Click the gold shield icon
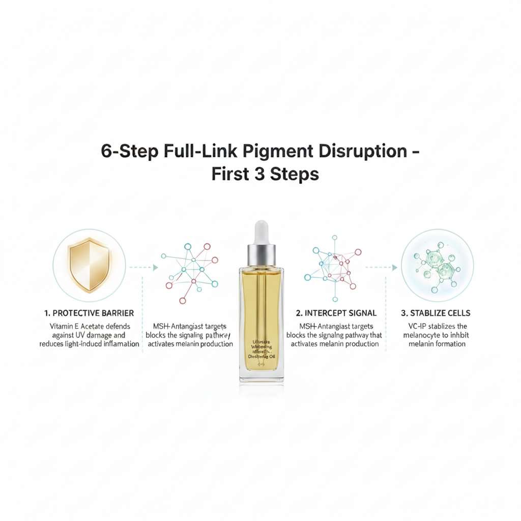(90, 265)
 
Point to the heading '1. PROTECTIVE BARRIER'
(90, 313)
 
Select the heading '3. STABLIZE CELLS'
(437, 313)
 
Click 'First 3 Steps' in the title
(265, 174)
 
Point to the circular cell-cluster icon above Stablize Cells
(437, 265)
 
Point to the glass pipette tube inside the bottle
(262, 305)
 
